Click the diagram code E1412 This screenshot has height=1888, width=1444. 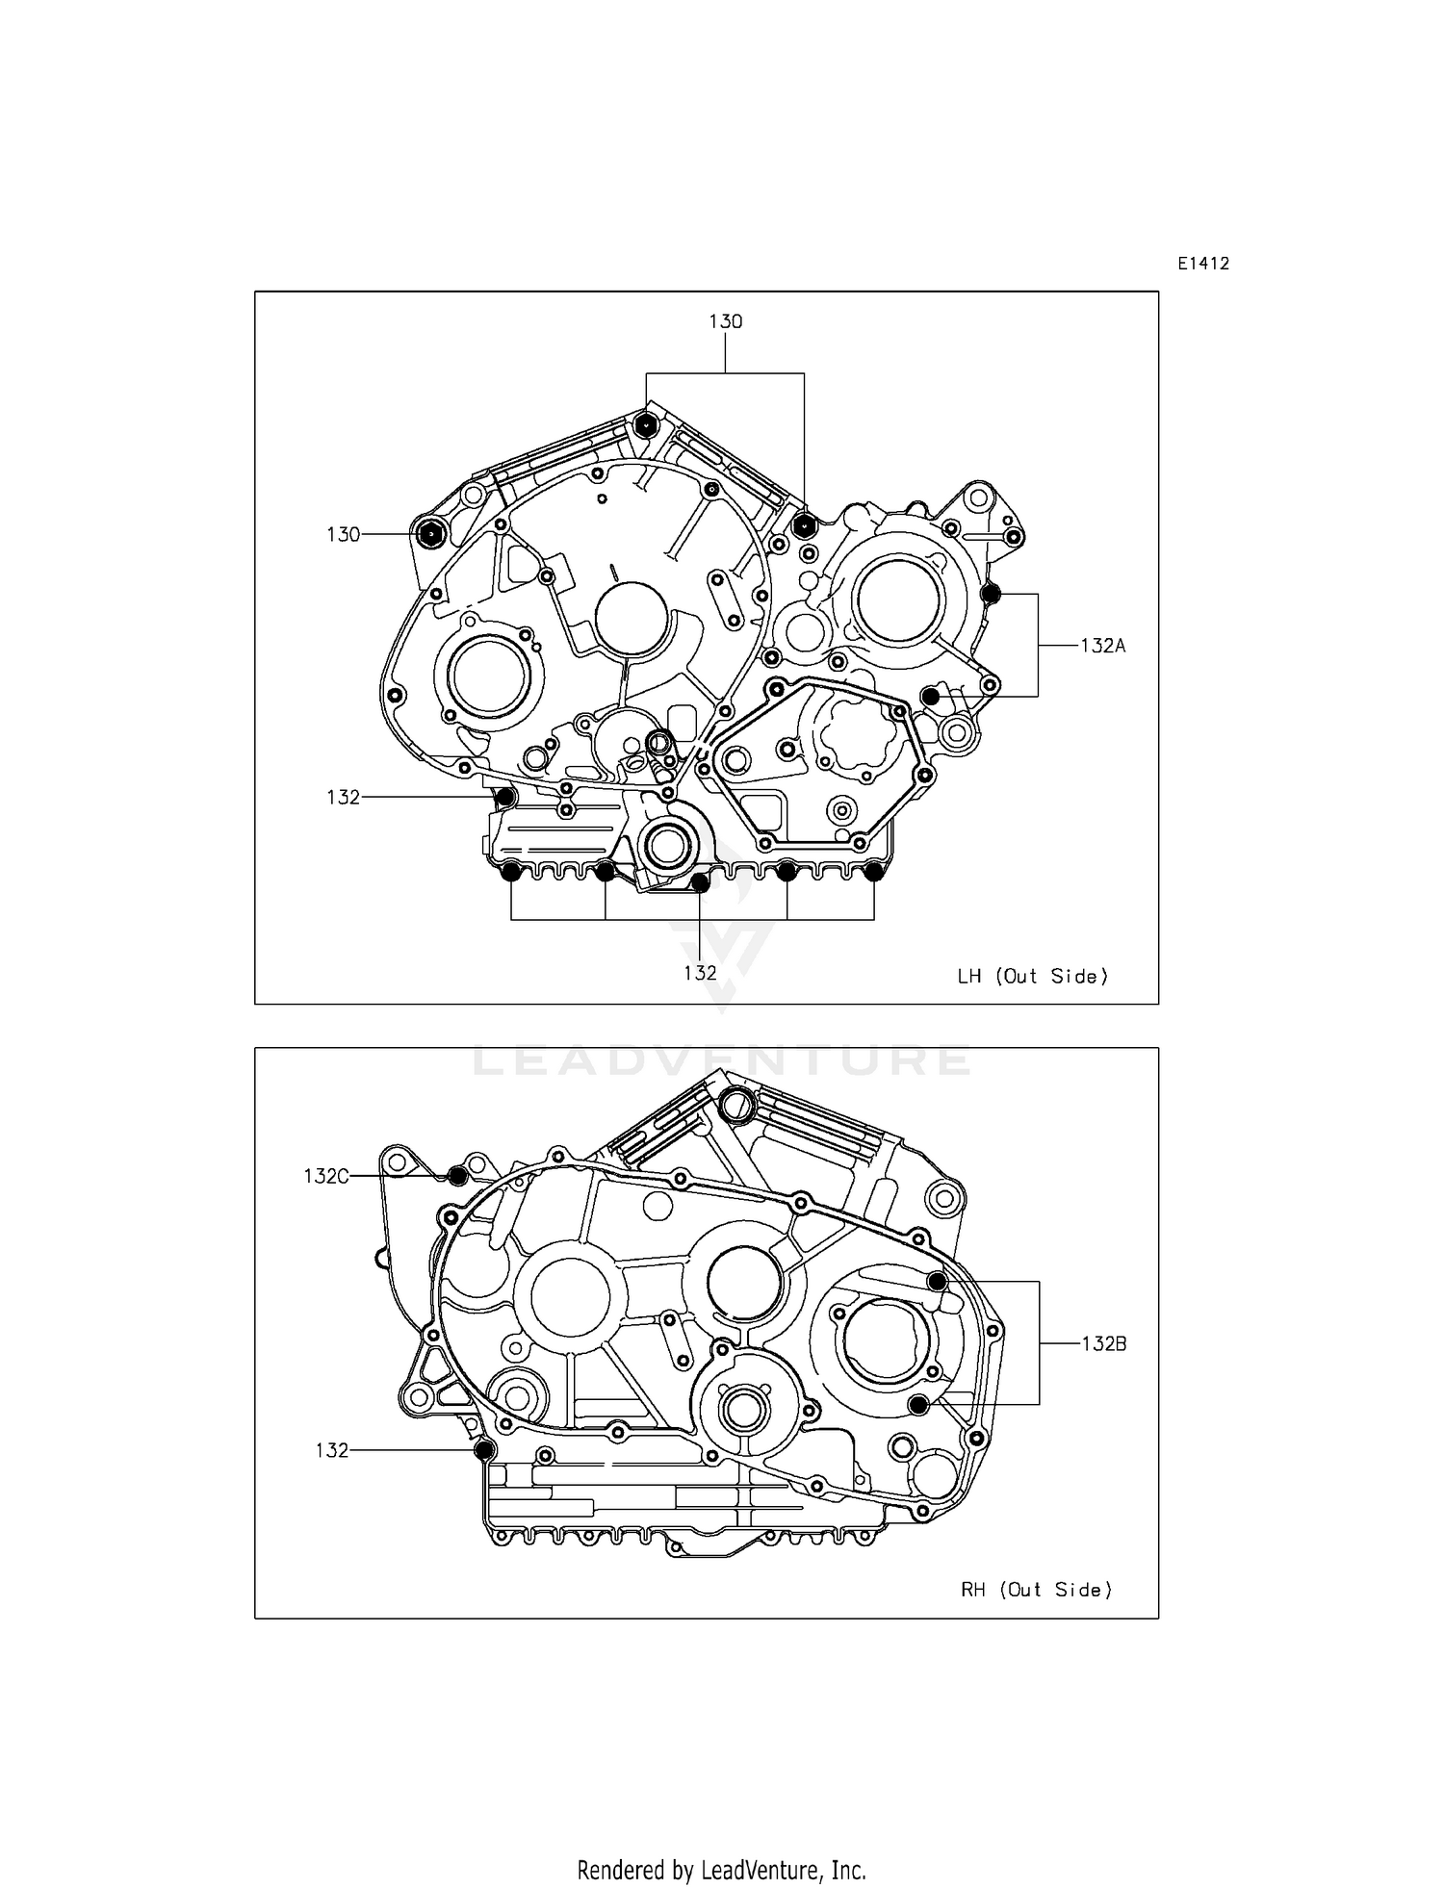pyautogui.click(x=1202, y=264)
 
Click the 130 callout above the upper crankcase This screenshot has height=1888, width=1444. pyautogui.click(x=726, y=321)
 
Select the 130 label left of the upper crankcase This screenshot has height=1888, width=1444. pyautogui.click(x=343, y=534)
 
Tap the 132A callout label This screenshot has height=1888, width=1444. pyautogui.click(x=1102, y=646)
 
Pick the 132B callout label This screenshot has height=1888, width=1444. pyautogui.click(x=1103, y=1343)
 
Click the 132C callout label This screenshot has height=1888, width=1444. pyautogui.click(x=325, y=1176)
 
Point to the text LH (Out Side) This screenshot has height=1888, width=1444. pyautogui.click(x=1032, y=976)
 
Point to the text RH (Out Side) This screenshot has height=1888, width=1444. pyautogui.click(x=1036, y=1590)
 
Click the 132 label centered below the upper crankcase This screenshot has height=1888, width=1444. pyautogui.click(x=700, y=973)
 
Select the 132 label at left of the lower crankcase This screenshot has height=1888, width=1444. pyautogui.click(x=331, y=1450)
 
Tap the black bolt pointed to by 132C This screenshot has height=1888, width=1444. pyautogui.click(x=458, y=1176)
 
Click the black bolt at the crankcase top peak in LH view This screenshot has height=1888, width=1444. pyautogui.click(x=646, y=424)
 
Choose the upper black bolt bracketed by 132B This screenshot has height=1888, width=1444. pyautogui.click(x=936, y=1281)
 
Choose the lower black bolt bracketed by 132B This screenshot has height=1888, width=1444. pyautogui.click(x=919, y=1405)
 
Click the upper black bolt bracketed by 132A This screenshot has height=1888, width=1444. pyautogui.click(x=991, y=594)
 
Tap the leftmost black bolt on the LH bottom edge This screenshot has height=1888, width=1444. pyautogui.click(x=511, y=873)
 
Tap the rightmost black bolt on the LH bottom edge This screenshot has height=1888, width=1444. pyautogui.click(x=873, y=873)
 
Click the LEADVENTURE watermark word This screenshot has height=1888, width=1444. pyautogui.click(x=721, y=1060)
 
